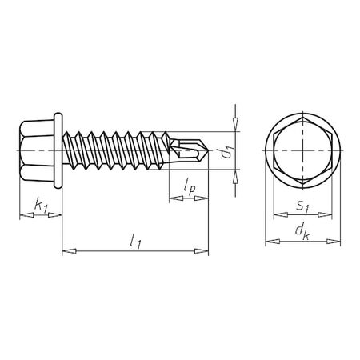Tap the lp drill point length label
[189, 186]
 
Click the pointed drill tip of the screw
[207, 150]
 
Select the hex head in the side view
[36, 150]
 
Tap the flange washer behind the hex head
[58, 150]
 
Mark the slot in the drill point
[186, 149]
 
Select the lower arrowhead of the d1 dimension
[235, 178]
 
